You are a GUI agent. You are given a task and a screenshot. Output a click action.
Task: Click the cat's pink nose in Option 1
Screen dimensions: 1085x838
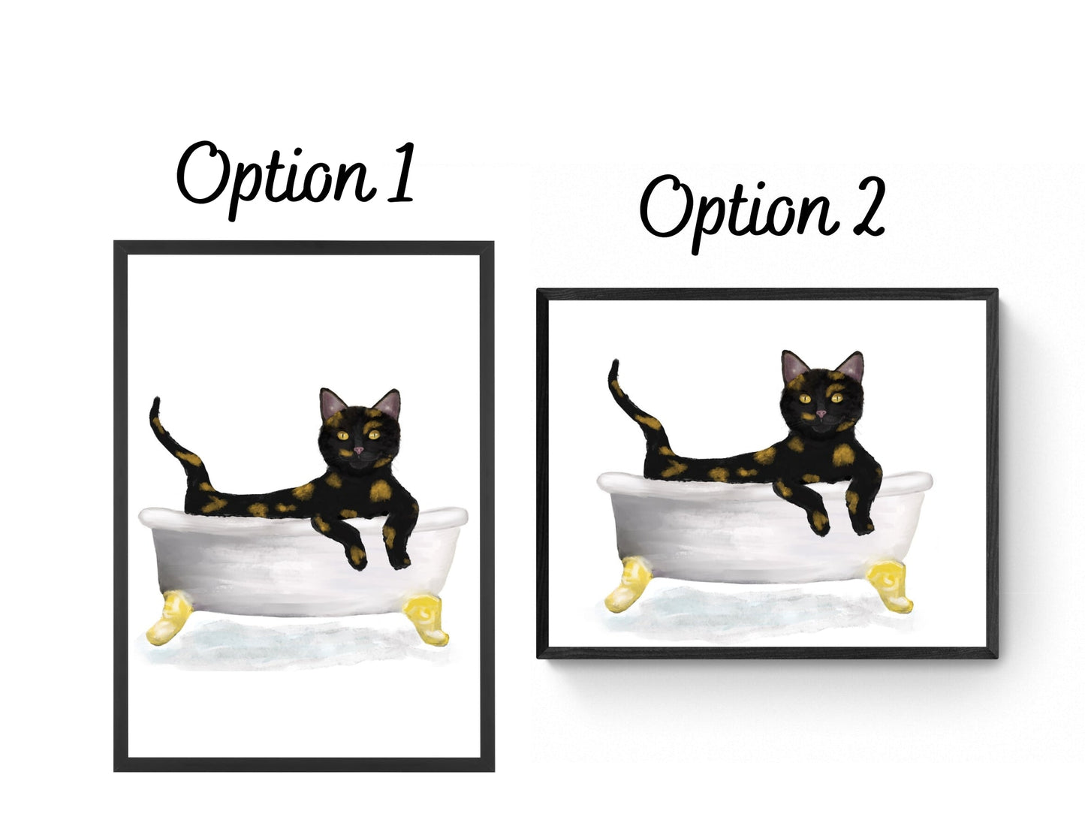(x=358, y=451)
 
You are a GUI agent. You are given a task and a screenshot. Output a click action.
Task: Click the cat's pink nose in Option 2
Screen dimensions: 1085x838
(x=821, y=414)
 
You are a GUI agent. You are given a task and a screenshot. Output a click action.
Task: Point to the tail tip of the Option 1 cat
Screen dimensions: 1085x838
(x=157, y=399)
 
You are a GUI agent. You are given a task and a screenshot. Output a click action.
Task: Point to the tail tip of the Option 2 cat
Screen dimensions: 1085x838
(x=615, y=361)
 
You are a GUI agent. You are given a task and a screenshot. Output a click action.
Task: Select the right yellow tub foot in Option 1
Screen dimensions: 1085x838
(x=426, y=619)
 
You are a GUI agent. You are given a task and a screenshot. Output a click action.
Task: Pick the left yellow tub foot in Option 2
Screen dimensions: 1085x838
(x=627, y=586)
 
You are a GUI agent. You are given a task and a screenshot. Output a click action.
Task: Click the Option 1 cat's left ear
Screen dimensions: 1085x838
(x=332, y=404)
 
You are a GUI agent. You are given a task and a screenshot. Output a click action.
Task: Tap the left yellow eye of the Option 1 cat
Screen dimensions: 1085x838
(x=342, y=436)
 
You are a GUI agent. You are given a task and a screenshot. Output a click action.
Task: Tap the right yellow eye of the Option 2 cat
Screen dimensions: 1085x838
(x=837, y=398)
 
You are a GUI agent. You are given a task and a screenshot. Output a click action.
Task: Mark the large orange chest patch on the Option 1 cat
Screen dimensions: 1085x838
(x=381, y=491)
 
